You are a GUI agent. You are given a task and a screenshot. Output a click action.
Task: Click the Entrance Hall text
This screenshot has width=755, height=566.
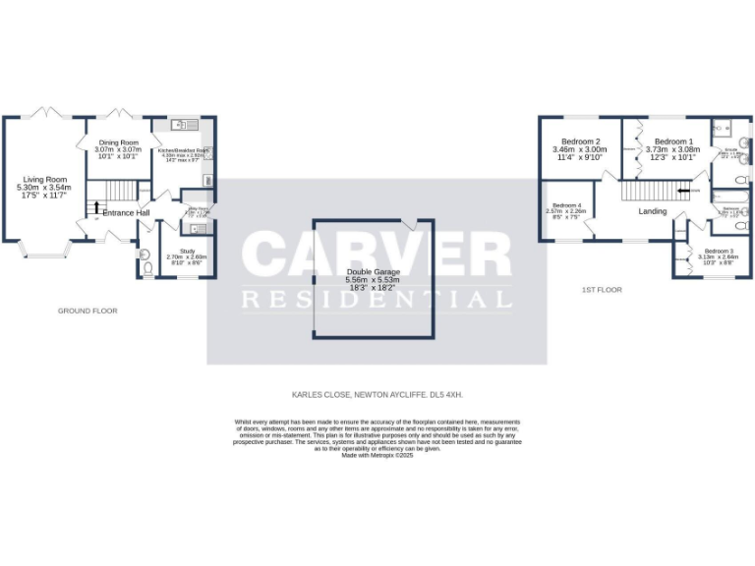(127, 213)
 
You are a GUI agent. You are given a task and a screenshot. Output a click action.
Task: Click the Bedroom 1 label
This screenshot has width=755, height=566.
(673, 141)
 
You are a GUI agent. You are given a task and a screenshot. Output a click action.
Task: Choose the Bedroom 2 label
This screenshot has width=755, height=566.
(580, 141)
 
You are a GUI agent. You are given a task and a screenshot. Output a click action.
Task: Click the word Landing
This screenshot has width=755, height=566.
(653, 211)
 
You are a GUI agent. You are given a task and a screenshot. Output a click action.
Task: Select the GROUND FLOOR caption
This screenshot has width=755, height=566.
(87, 311)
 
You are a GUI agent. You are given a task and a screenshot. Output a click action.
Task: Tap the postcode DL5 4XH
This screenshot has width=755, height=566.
(445, 394)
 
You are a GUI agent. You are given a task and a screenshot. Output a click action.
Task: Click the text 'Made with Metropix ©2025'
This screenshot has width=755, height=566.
(378, 454)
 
